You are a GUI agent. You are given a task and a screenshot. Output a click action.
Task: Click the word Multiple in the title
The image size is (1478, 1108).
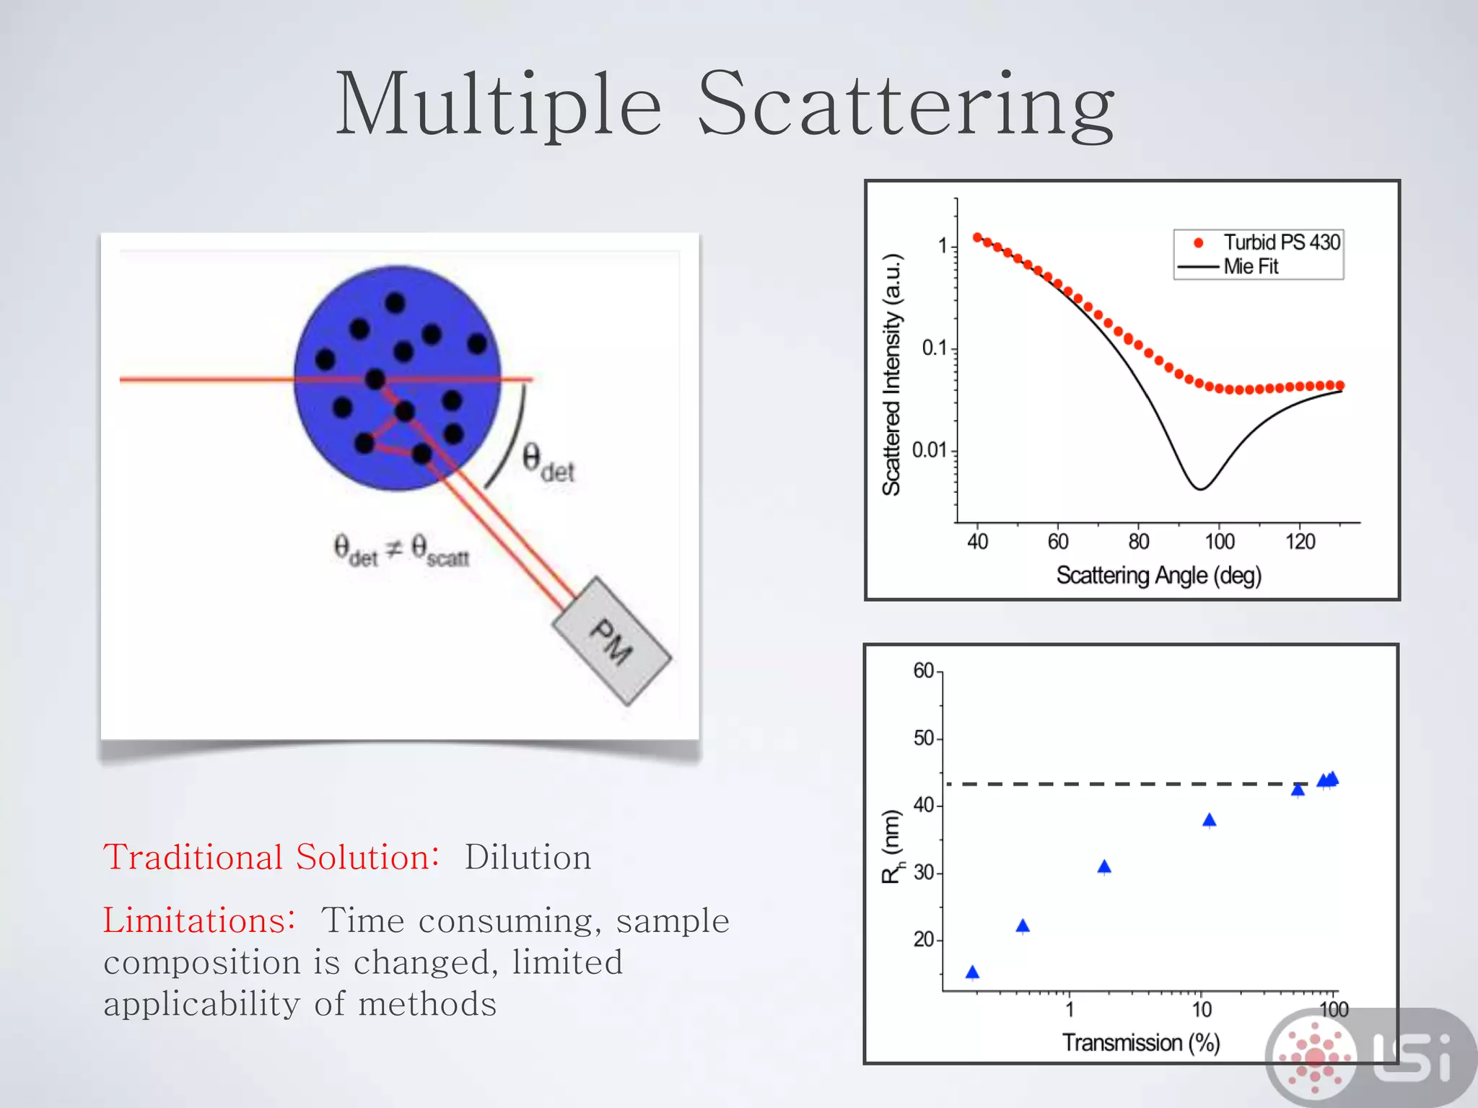pos(498,105)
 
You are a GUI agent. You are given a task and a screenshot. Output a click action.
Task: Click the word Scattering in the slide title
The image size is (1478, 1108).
pos(906,105)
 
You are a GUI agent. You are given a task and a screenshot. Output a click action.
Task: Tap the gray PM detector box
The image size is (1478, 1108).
pos(612,641)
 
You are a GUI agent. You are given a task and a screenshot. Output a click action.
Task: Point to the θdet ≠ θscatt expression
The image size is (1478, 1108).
pos(401,550)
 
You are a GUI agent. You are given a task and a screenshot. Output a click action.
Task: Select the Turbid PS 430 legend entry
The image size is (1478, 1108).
pos(1281,242)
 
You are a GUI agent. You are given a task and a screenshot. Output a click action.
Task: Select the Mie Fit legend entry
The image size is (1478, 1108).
pos(1250,267)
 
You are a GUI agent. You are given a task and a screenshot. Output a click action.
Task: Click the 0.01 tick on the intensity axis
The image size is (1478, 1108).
pos(929,450)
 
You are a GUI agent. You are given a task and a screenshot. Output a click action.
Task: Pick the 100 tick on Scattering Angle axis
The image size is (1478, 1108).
pos(1219,542)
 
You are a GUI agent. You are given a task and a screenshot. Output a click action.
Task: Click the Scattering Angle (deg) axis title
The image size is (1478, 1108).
pos(1158,576)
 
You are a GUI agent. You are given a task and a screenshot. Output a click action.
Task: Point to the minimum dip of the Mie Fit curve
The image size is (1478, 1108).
pos(1199,488)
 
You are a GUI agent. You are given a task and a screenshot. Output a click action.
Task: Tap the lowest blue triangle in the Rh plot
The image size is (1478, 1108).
pos(972,972)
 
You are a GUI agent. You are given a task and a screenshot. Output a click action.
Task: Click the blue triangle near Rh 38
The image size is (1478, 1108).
pos(1210,820)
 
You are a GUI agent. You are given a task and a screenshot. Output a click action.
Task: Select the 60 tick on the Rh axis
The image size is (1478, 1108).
pos(924,671)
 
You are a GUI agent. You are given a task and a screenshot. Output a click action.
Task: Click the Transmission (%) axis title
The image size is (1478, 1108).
pos(1141,1042)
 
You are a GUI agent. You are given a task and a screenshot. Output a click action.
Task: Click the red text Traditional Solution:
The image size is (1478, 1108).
pos(271,858)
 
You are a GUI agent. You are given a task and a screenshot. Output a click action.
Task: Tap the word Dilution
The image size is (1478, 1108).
pos(528,858)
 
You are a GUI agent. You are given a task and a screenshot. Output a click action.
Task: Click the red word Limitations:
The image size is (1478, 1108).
pos(198,921)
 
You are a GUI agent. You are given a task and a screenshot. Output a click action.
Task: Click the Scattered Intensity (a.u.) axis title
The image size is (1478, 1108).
pos(892,375)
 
